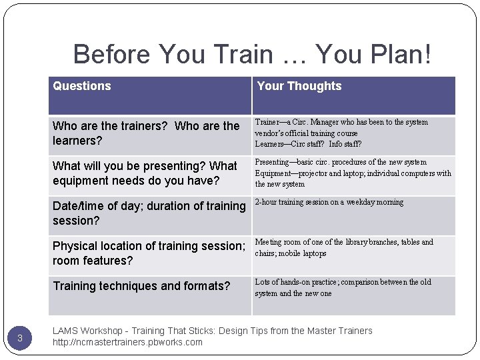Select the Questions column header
82,86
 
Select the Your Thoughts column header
299,86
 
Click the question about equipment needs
145,173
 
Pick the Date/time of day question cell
149,213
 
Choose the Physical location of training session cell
149,253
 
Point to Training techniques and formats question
141,287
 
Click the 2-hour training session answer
329,203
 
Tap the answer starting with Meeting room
343,247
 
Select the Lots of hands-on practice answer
343,287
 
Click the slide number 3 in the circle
20,338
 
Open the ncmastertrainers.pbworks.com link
127,343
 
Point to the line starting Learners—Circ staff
308,144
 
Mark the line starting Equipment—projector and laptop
353,173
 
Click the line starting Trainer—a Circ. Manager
341,123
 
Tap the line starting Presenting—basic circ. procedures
341,163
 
